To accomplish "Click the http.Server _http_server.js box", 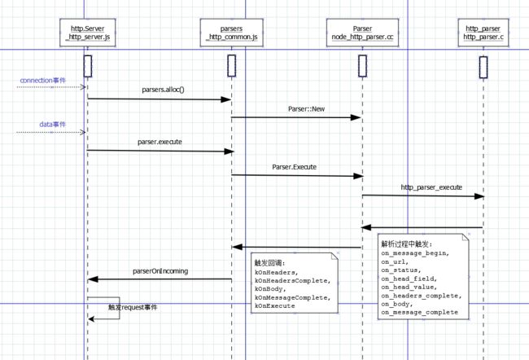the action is coord(88,33).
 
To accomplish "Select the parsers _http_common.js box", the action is coord(231,33).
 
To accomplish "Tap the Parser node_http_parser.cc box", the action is coord(362,33).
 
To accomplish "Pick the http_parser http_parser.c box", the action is coord(483,33).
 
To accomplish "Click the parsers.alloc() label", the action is coord(163,90).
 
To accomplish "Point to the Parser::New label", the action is coord(306,109).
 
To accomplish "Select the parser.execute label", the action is coord(160,142).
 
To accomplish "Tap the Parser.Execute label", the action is coord(294,167).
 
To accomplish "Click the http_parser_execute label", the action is coord(431,187).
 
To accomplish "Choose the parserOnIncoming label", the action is coord(160,271).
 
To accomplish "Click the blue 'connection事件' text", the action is coord(43,81).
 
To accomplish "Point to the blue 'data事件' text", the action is coord(53,125).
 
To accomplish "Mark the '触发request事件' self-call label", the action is coord(133,307).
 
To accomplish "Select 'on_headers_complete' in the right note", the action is coord(420,296).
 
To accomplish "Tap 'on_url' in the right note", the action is coord(393,261).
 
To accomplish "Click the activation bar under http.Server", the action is coord(88,66).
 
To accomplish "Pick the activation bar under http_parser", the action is coord(483,68).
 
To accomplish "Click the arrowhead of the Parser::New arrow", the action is coord(356,117).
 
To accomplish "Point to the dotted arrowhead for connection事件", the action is coord(83,87).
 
